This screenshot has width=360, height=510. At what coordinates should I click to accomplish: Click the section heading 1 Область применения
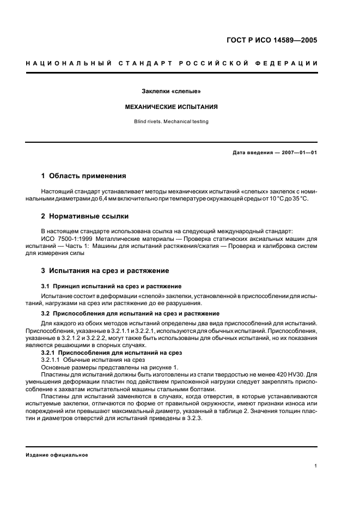coord(84,176)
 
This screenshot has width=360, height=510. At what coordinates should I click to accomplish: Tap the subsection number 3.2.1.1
coord(52,360)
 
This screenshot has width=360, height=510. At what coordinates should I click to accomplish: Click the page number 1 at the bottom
coord(316,466)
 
